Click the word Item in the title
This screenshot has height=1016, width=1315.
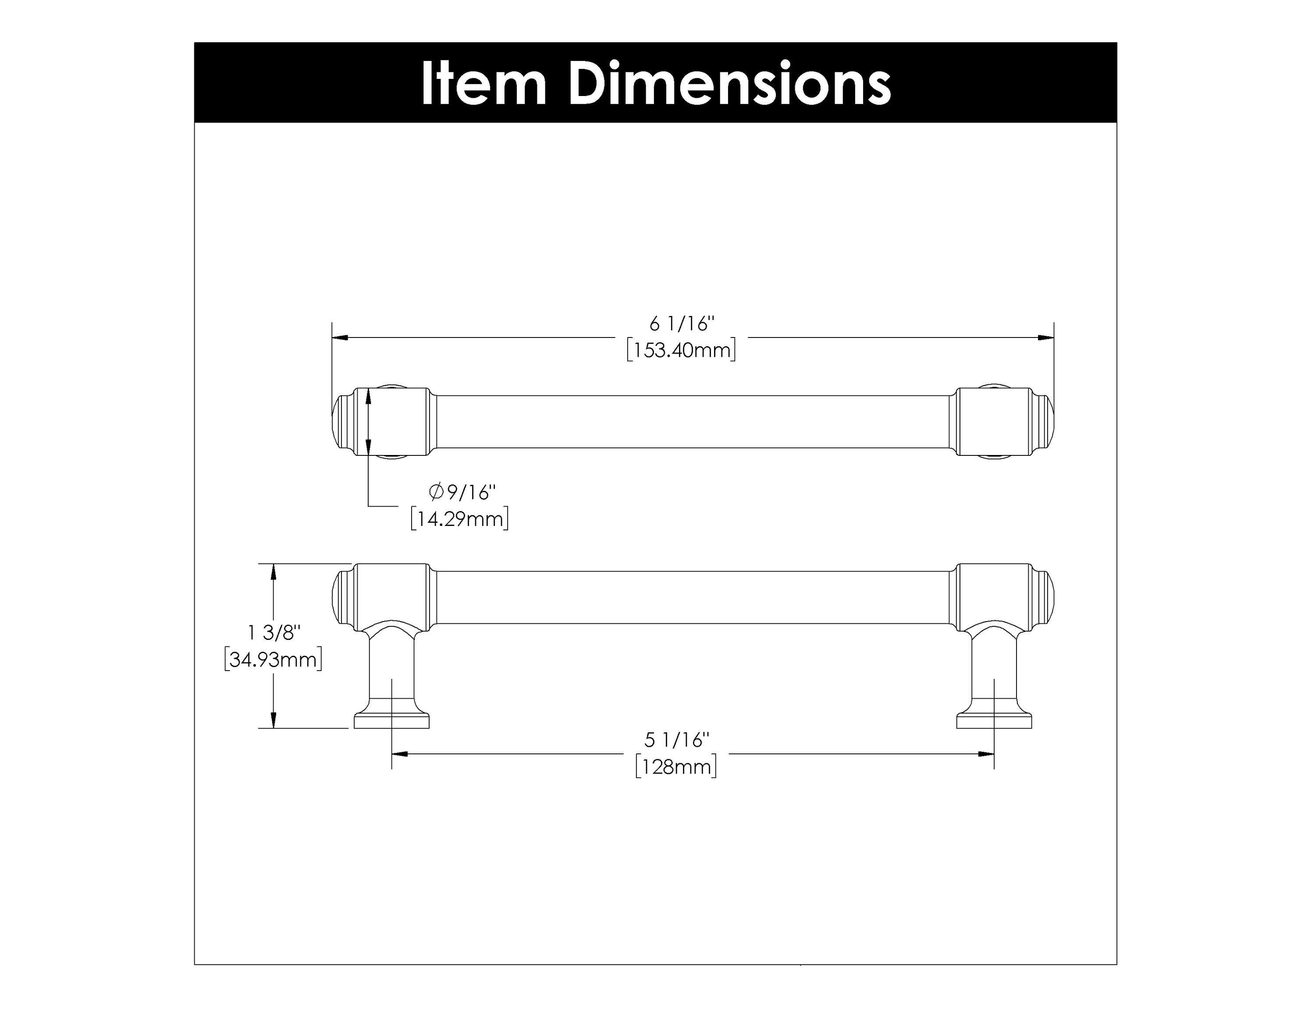(x=483, y=84)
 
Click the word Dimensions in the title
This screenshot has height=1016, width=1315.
(x=729, y=84)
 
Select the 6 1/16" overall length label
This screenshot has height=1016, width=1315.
(x=681, y=324)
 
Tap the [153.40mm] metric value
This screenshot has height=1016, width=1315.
(x=681, y=350)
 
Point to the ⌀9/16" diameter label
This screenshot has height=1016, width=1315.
(x=462, y=492)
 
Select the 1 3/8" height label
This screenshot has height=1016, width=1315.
(x=274, y=632)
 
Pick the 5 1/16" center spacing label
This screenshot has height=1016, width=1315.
(x=677, y=740)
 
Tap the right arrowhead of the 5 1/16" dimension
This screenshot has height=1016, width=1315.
(x=986, y=753)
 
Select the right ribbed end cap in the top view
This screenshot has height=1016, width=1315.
(x=1045, y=421)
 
